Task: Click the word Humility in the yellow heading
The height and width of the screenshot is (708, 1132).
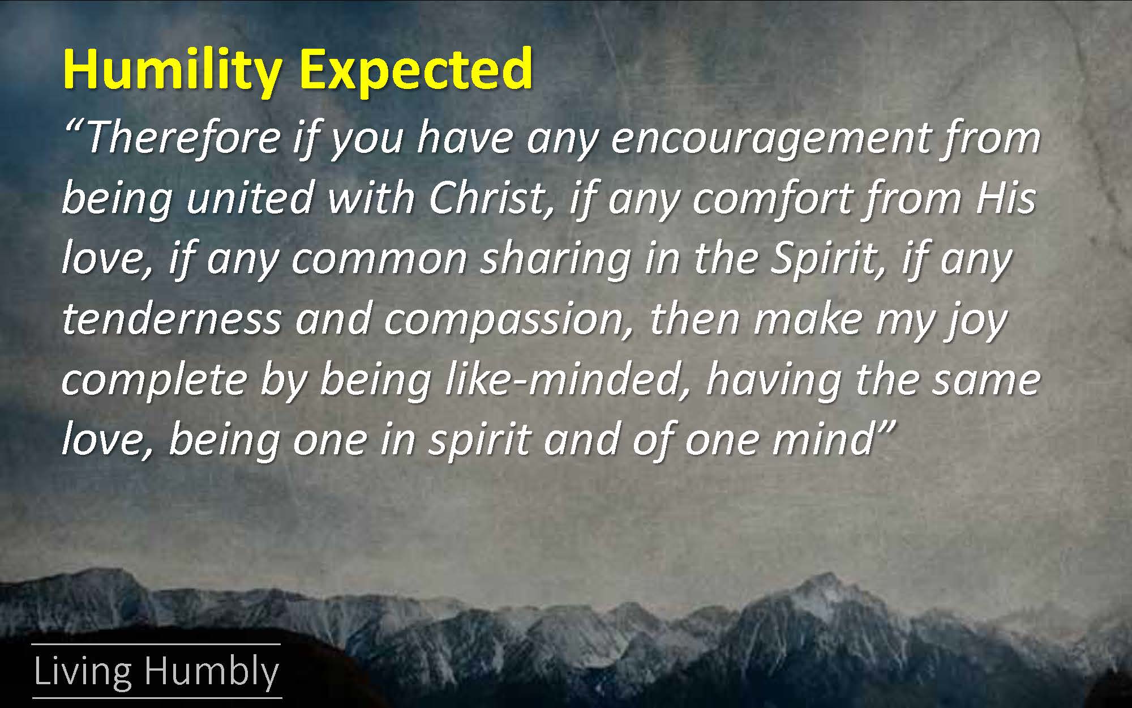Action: [x=172, y=70]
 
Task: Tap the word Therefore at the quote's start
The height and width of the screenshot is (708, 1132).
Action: [x=183, y=138]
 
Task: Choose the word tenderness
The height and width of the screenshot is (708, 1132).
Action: [x=171, y=318]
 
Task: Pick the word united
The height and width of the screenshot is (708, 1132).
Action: [x=250, y=198]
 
